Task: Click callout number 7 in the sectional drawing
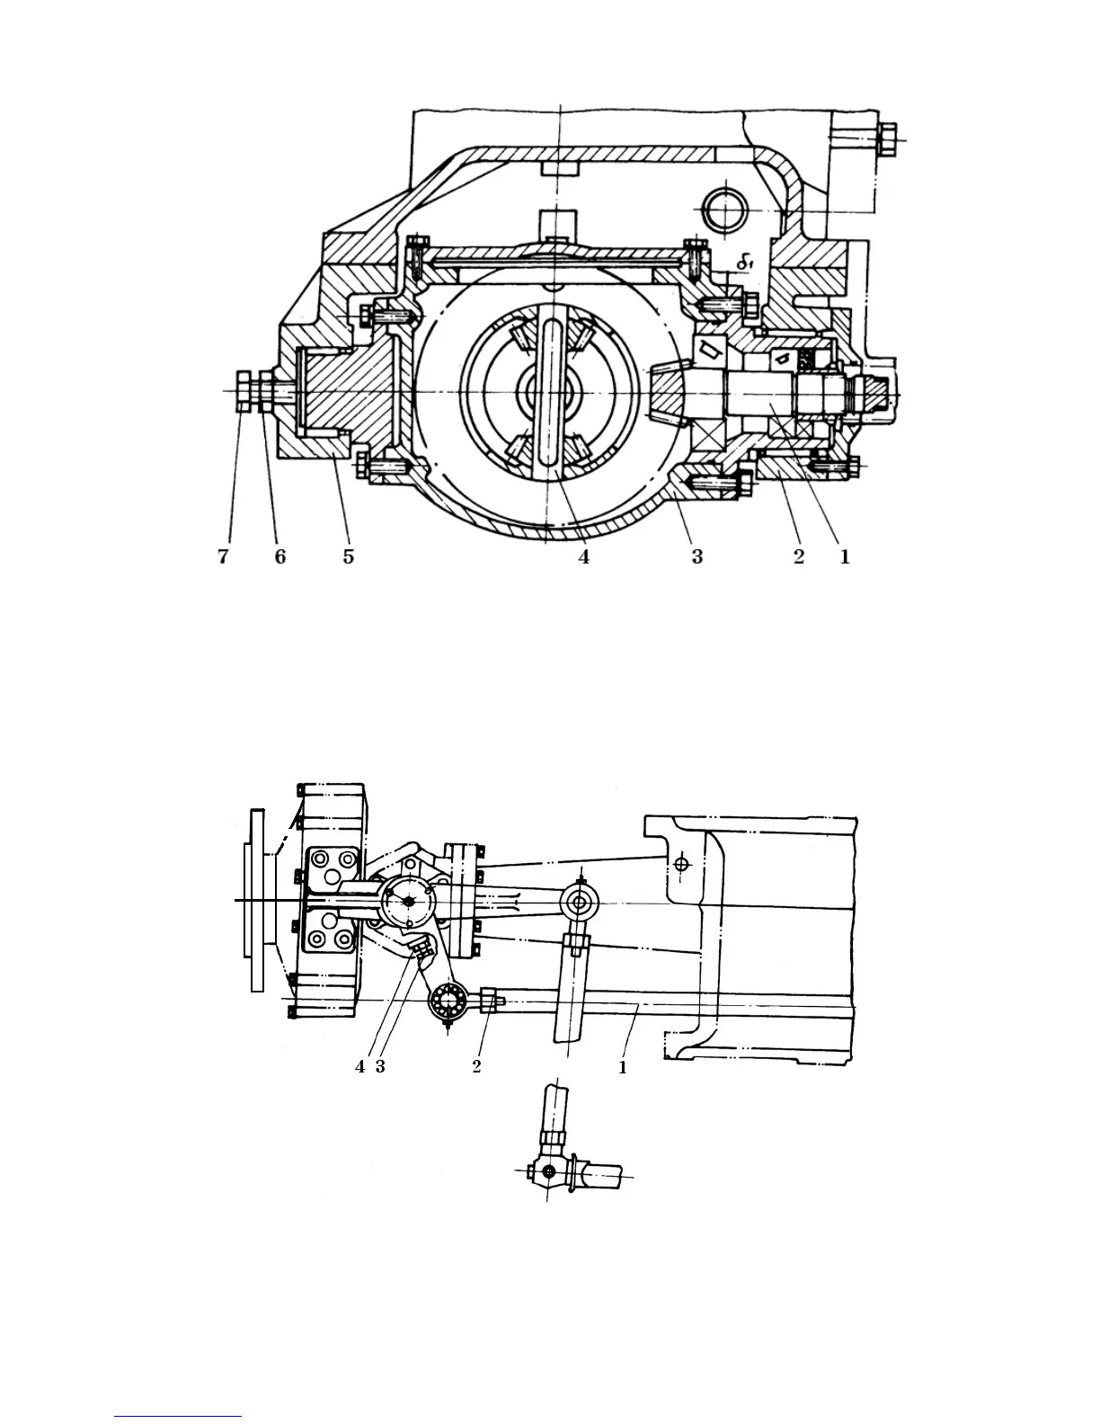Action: pyautogui.click(x=222, y=557)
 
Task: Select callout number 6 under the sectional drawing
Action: pyautogui.click(x=280, y=557)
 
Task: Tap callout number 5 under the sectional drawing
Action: pyautogui.click(x=348, y=557)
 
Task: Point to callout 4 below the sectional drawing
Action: pyautogui.click(x=584, y=557)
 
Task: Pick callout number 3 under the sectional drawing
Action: pyautogui.click(x=697, y=557)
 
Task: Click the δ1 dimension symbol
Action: pyautogui.click(x=742, y=263)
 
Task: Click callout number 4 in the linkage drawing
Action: pyautogui.click(x=359, y=1066)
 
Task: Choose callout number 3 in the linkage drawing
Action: pyautogui.click(x=380, y=1066)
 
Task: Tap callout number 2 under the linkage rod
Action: pyautogui.click(x=477, y=1066)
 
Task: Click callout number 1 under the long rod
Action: pyautogui.click(x=622, y=1068)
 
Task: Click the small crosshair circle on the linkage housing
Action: pyautogui.click(x=682, y=864)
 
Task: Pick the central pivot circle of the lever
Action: pyautogui.click(x=408, y=902)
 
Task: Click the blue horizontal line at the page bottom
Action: pyautogui.click(x=178, y=1417)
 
